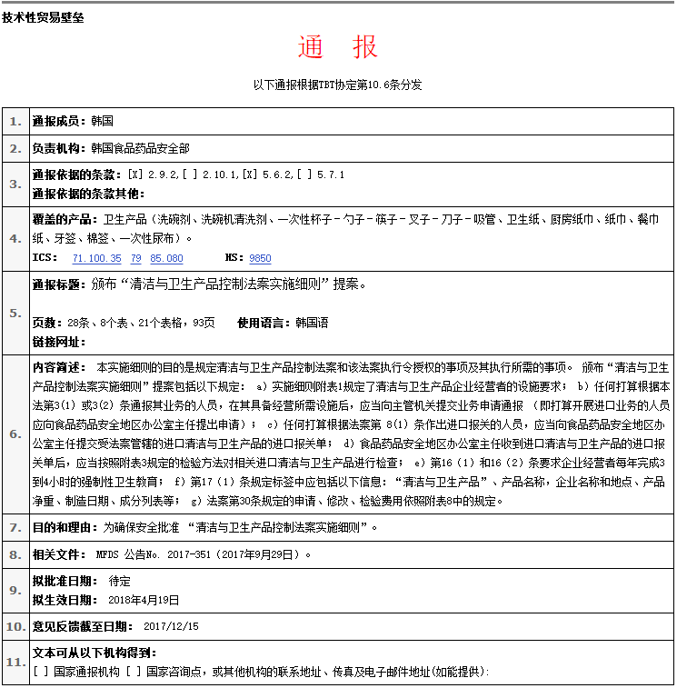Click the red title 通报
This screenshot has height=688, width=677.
click(x=337, y=47)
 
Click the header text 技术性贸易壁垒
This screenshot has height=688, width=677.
click(x=44, y=16)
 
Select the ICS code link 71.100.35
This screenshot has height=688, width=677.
click(x=96, y=258)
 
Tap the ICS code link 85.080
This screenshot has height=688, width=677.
click(x=167, y=258)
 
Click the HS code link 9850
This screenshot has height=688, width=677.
click(x=260, y=258)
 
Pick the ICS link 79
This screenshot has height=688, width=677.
click(x=135, y=258)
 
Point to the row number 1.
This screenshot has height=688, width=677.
click(x=15, y=121)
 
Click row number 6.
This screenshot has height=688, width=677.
click(x=15, y=434)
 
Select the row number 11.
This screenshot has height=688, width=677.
click(x=15, y=662)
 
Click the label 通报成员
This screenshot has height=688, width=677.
click(x=59, y=121)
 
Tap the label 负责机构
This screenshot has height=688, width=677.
click(x=59, y=148)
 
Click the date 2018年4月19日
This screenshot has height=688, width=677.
click(x=144, y=600)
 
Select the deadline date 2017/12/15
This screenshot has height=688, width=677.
click(x=171, y=626)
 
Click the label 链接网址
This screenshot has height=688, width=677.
click(x=59, y=342)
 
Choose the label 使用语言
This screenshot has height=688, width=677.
click(x=264, y=323)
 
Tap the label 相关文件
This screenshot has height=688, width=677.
click(x=59, y=553)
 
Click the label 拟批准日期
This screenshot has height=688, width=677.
click(x=65, y=581)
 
